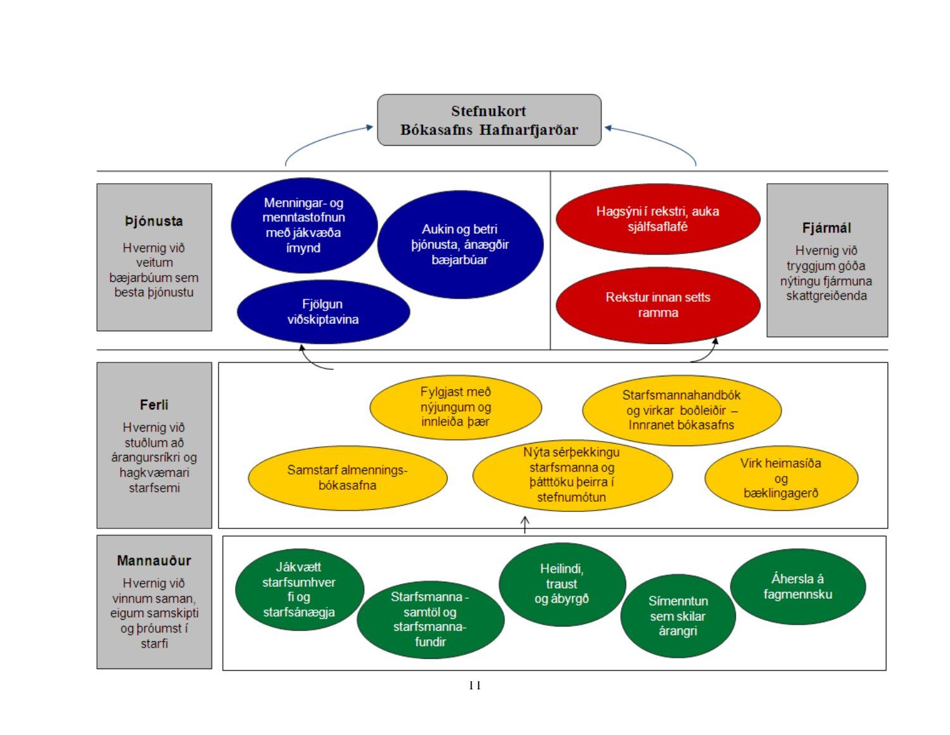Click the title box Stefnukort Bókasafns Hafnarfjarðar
pyautogui.click(x=489, y=120)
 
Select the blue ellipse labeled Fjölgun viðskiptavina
pyautogui.click(x=323, y=312)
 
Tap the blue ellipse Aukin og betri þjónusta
pyautogui.click(x=460, y=245)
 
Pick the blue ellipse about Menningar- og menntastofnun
pyautogui.click(x=303, y=226)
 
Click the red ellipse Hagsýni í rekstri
pyautogui.click(x=657, y=219)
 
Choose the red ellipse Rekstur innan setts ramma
pyautogui.click(x=657, y=305)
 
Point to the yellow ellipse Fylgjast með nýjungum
pyautogui.click(x=455, y=407)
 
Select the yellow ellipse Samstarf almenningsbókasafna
pyautogui.click(x=347, y=478)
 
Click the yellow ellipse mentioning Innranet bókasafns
pyautogui.click(x=681, y=410)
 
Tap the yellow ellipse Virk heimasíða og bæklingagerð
pyautogui.click(x=781, y=478)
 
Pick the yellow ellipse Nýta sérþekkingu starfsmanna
pyautogui.click(x=572, y=475)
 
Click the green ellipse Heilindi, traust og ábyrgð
pyautogui.click(x=562, y=584)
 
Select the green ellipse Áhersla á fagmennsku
pyautogui.click(x=797, y=587)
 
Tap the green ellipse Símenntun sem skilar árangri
pyautogui.click(x=678, y=616)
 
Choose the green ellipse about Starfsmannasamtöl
pyautogui.click(x=430, y=619)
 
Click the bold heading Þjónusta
pyautogui.click(x=154, y=221)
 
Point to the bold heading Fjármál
pyautogui.click(x=826, y=227)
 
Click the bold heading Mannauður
pyautogui.click(x=154, y=561)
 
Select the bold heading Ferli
pyautogui.click(x=154, y=405)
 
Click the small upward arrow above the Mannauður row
pyautogui.click(x=525, y=525)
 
